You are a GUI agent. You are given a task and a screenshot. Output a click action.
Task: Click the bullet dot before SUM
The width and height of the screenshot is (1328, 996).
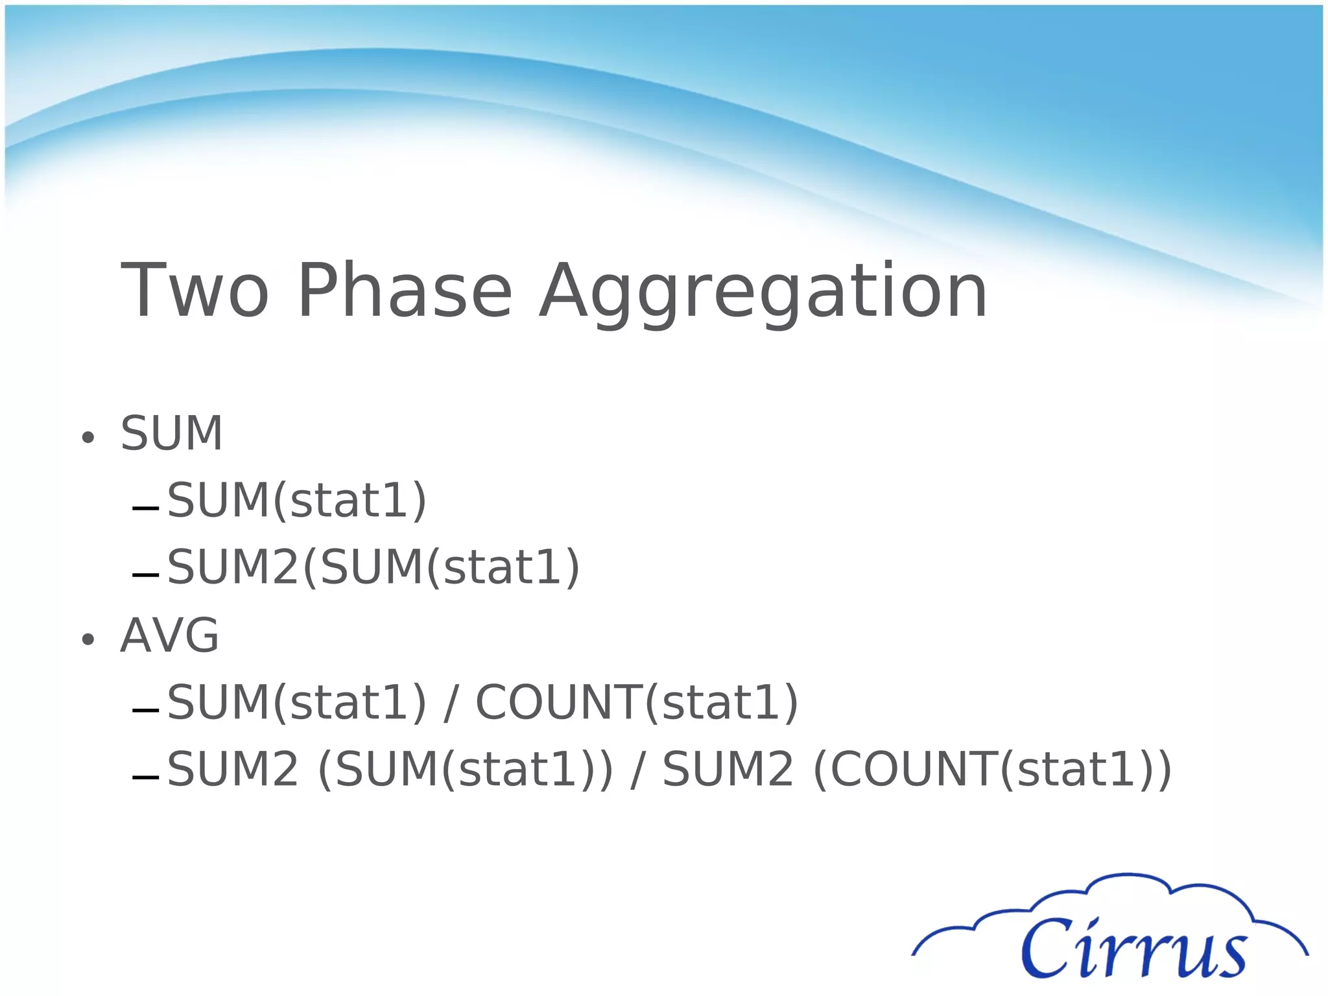[88, 438]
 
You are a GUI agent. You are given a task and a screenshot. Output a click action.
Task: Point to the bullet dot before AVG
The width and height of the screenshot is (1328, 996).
[88, 640]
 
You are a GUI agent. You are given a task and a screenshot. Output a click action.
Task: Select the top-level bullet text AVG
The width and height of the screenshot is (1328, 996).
[170, 635]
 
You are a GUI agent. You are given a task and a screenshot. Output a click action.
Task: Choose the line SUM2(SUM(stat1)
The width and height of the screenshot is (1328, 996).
[373, 567]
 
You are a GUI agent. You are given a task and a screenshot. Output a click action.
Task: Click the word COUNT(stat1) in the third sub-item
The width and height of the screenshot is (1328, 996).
[637, 702]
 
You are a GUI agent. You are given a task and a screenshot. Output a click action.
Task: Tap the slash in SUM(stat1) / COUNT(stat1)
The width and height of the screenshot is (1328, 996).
[451, 704]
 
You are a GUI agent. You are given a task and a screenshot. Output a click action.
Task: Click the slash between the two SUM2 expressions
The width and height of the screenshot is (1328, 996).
[637, 770]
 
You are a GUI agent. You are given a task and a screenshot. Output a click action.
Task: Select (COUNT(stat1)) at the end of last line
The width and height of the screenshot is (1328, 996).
[992, 770]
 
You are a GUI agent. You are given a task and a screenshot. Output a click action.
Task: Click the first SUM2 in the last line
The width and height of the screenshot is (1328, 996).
[233, 770]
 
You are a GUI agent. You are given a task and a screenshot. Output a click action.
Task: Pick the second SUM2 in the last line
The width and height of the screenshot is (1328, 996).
[728, 770]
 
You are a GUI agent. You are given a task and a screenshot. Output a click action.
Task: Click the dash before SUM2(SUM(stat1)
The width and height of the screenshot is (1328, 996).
[145, 575]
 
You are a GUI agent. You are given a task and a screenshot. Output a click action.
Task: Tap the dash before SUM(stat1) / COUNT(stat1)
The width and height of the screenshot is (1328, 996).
[145, 711]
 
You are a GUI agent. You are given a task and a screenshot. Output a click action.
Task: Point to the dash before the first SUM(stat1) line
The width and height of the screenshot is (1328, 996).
[145, 508]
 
